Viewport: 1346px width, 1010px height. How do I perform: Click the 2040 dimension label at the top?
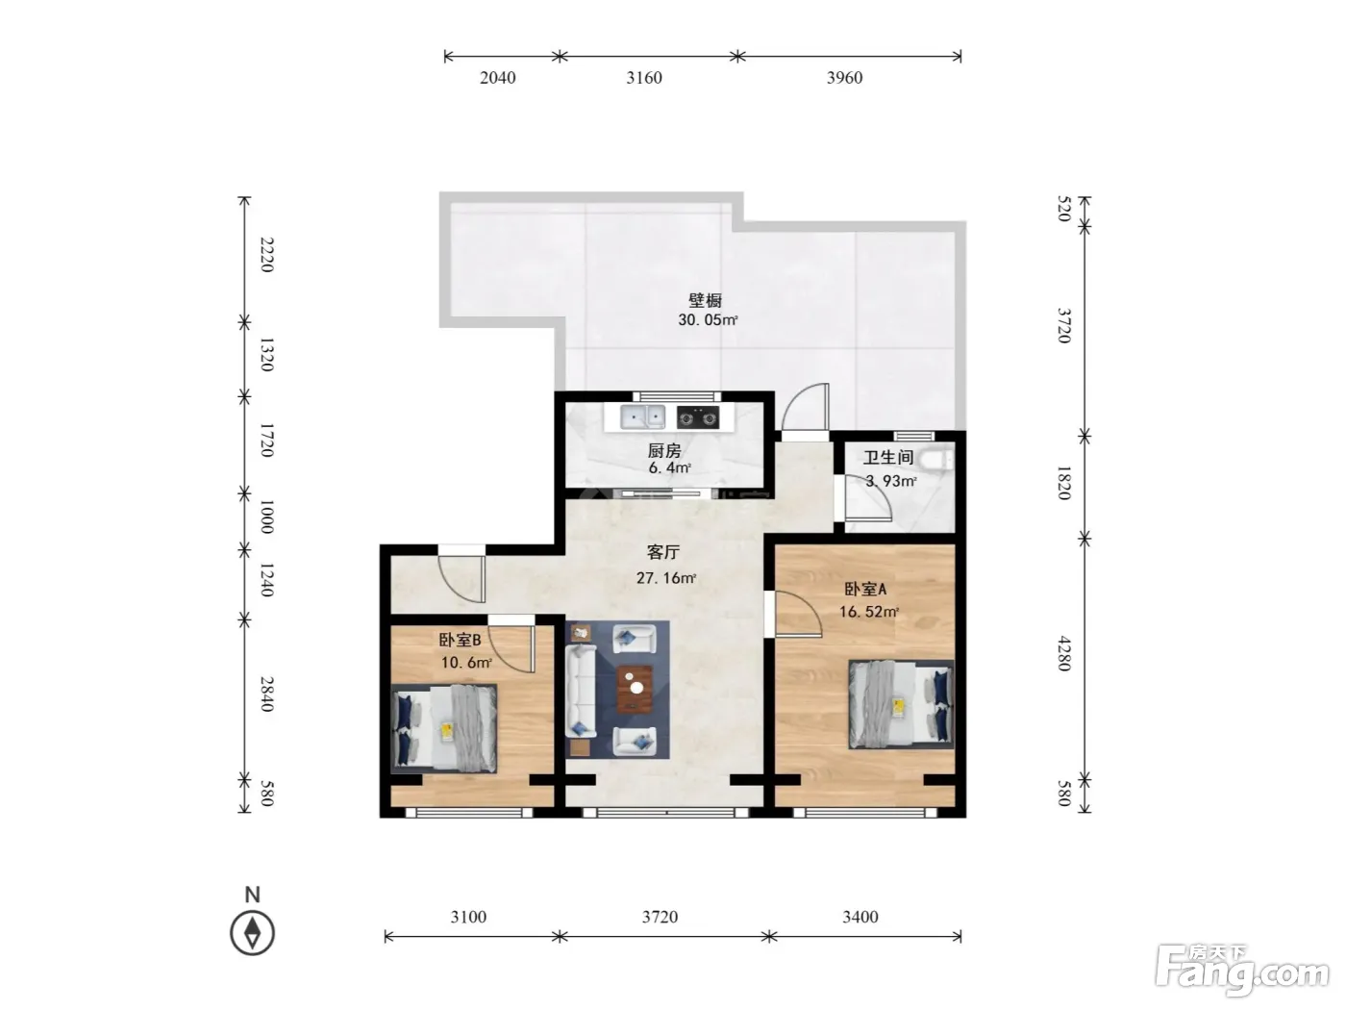[x=497, y=77]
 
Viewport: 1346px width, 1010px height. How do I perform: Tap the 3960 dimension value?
[x=844, y=77]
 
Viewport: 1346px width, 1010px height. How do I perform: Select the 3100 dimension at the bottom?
[x=468, y=917]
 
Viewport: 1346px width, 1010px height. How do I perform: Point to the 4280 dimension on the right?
[x=1064, y=653]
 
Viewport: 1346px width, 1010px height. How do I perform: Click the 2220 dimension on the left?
[x=266, y=255]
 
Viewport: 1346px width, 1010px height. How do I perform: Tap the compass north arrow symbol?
[x=252, y=933]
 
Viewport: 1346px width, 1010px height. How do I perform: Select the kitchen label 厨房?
[x=664, y=451]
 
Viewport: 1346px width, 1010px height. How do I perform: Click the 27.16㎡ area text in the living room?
[x=666, y=578]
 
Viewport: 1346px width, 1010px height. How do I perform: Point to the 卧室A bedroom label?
[x=865, y=590]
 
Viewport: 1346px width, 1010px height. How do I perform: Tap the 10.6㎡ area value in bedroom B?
[x=466, y=663]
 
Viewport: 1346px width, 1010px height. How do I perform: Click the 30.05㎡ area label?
[x=708, y=319]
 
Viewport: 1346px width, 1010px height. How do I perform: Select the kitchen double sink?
[x=642, y=417]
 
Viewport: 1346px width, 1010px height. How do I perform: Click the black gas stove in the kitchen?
[x=698, y=417]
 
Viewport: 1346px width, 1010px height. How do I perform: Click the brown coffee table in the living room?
[x=634, y=690]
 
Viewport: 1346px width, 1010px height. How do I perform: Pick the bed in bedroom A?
[x=901, y=704]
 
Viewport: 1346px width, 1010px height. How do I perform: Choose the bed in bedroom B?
[x=444, y=728]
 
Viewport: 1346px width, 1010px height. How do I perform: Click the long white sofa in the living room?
[x=581, y=692]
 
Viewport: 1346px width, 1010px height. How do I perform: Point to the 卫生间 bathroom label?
[x=888, y=457]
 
